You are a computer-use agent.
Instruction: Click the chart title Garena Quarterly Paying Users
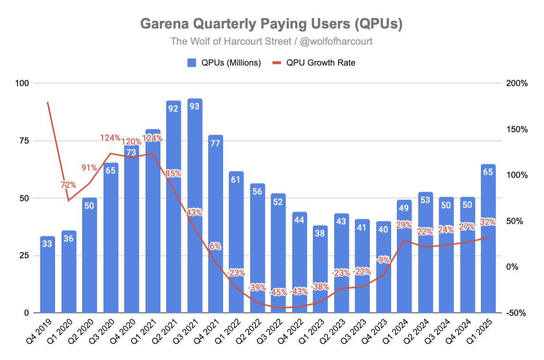click(272, 24)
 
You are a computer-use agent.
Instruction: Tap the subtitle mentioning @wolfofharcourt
click(272, 41)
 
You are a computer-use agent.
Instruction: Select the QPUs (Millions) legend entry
click(225, 63)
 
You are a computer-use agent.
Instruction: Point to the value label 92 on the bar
click(174, 108)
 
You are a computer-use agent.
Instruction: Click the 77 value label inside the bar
click(216, 143)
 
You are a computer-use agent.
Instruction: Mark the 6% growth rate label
click(216, 246)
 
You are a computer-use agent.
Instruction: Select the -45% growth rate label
click(279, 292)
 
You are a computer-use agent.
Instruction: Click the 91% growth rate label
click(89, 168)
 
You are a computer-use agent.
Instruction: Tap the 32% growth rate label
click(488, 222)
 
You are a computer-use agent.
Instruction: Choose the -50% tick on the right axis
click(516, 313)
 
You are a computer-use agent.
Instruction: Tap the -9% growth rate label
click(383, 260)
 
